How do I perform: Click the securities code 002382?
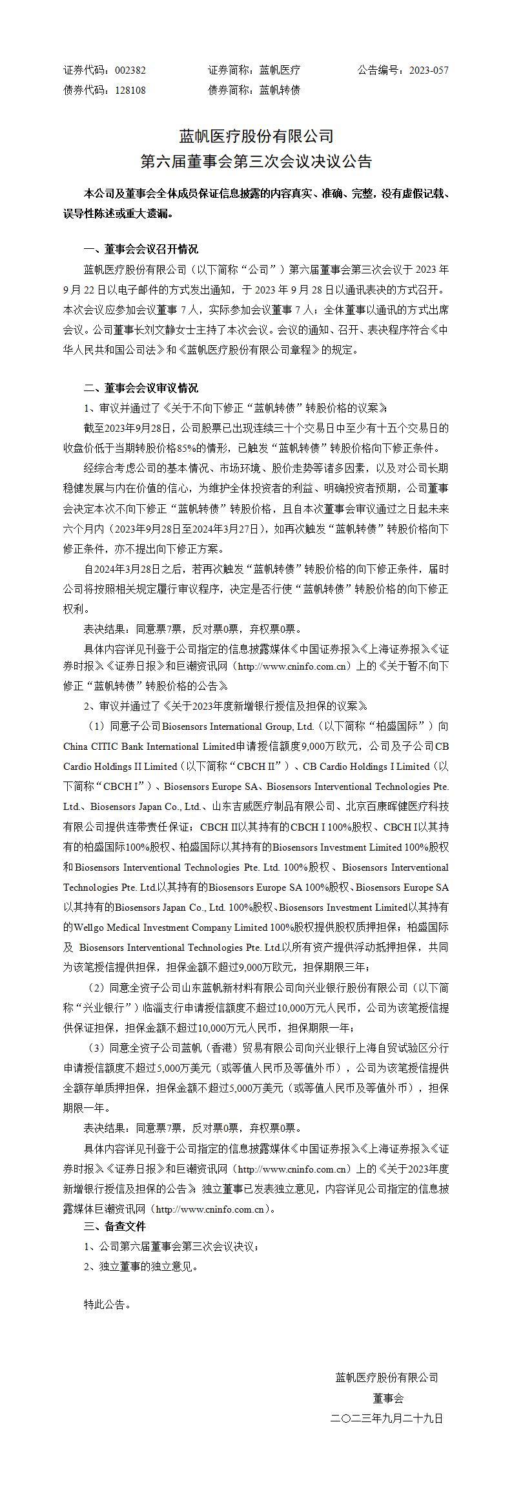click(130, 70)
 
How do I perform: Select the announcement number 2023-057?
click(429, 70)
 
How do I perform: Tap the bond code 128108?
click(130, 90)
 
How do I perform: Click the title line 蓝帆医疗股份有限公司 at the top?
click(256, 136)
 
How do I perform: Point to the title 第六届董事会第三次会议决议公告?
click(256, 161)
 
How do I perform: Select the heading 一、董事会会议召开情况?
click(141, 249)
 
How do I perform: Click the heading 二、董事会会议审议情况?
click(141, 388)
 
